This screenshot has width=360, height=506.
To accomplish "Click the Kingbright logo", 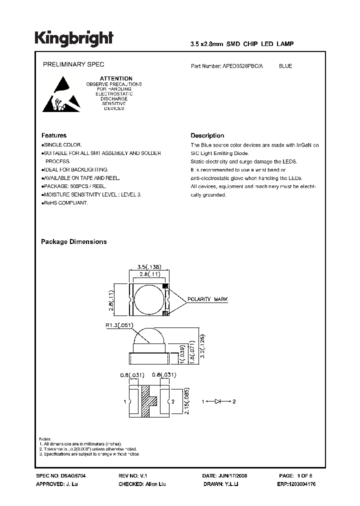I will click(x=73, y=38).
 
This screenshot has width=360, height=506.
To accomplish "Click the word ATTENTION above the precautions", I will click(x=116, y=78).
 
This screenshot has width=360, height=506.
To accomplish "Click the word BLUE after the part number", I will click(x=285, y=66).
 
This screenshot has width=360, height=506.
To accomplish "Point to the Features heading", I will click(x=53, y=135).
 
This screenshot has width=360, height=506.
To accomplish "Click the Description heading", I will click(x=207, y=135).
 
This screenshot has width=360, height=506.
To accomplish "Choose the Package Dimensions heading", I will click(x=73, y=241).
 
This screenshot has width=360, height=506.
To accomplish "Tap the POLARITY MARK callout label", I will click(x=207, y=299).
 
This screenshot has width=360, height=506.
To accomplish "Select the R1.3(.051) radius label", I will click(x=118, y=325).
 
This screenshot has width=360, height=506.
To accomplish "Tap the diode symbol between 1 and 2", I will click(x=218, y=401).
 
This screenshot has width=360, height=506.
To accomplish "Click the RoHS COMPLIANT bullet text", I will click(x=65, y=203).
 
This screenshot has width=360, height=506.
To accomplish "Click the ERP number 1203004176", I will click(x=296, y=484).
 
